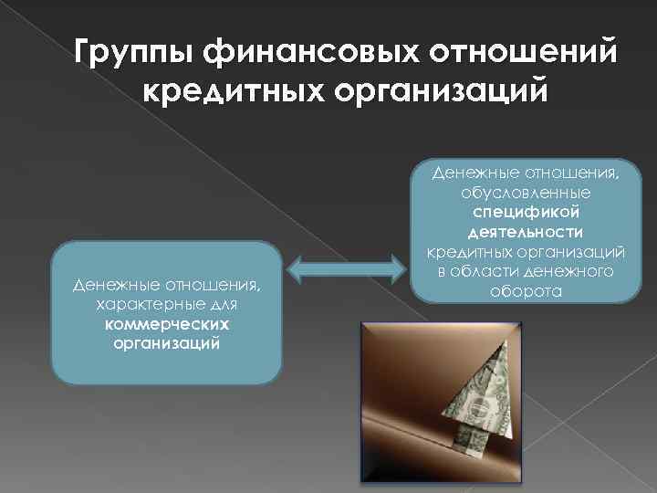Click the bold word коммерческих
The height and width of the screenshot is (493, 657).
tap(167, 325)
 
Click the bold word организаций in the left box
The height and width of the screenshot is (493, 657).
tap(167, 343)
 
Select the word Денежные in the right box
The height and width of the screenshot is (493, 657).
tap(480, 174)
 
